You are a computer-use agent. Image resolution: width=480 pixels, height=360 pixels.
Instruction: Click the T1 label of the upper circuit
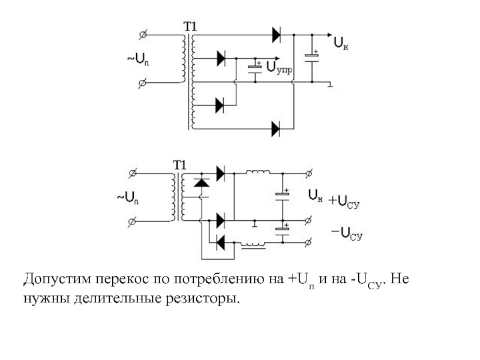190,26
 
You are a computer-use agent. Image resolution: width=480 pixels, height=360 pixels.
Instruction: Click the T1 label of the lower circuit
179,166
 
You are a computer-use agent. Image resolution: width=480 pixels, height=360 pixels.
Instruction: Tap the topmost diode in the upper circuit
277,35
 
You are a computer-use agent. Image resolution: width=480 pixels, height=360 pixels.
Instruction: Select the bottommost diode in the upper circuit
276,129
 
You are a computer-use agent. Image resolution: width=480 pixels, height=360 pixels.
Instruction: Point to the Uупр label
279,67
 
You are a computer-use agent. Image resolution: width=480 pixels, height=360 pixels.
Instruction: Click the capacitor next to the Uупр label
255,70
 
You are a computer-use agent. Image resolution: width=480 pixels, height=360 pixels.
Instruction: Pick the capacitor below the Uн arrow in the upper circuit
312,58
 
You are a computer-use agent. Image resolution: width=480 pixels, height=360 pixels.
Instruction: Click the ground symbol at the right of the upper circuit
331,84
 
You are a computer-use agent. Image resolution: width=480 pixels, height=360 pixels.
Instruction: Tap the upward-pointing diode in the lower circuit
202,183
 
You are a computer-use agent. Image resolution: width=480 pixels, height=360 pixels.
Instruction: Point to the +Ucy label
344,202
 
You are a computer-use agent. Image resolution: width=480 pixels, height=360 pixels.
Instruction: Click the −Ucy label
347,234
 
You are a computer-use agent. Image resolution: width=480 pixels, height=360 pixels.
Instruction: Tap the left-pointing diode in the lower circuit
220,243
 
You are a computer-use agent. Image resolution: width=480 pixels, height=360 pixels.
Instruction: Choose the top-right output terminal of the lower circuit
309,173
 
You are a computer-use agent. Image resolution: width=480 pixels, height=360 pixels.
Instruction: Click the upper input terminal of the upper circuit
143,35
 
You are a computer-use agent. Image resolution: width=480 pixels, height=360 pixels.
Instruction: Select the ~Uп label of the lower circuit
128,198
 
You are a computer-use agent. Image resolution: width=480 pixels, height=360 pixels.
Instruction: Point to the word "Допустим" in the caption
57,280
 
